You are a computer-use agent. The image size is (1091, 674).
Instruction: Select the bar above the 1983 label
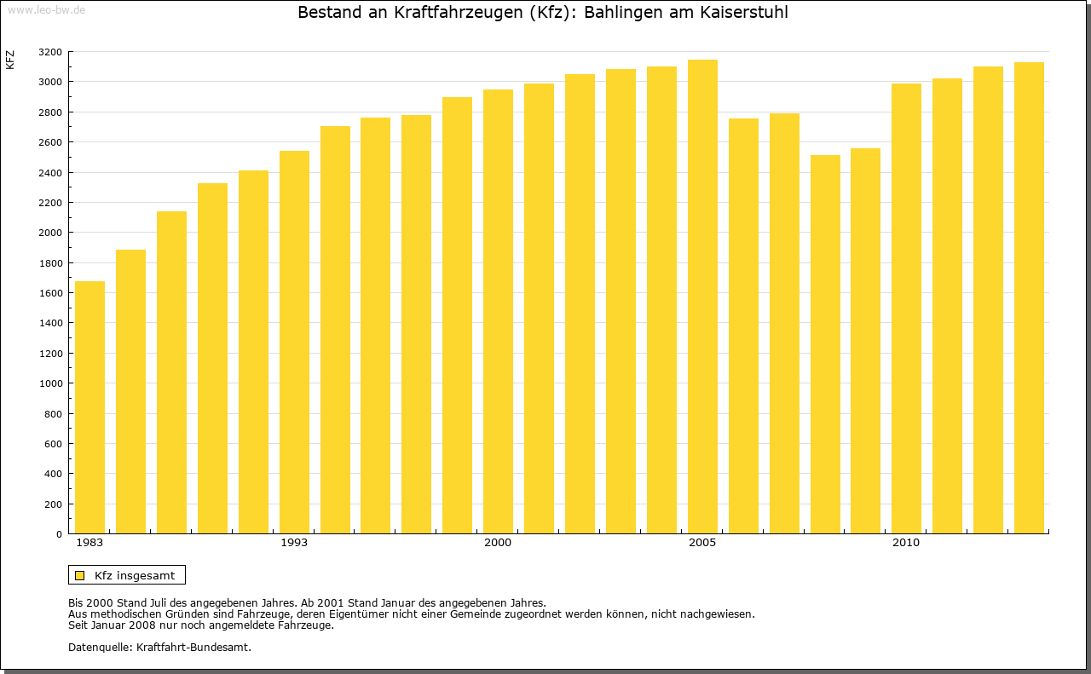[x=89, y=407]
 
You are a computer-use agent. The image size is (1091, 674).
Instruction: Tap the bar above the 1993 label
[x=294, y=342]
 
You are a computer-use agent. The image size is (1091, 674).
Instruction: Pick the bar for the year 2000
[x=498, y=311]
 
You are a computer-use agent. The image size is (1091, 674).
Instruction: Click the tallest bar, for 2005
[x=702, y=297]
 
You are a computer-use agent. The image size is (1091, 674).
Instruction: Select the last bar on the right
[x=1029, y=297]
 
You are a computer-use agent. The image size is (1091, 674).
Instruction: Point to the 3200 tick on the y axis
[x=51, y=52]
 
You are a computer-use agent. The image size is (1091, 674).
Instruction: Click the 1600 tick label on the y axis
[x=51, y=293]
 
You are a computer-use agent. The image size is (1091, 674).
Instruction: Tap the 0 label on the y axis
[x=58, y=534]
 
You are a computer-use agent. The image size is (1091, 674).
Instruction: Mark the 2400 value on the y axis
[x=51, y=173]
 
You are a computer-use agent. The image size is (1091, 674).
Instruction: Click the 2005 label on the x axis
[x=702, y=543]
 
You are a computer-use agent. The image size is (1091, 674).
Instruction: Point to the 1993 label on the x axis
[x=294, y=543]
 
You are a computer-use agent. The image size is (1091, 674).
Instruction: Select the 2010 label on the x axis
[x=906, y=543]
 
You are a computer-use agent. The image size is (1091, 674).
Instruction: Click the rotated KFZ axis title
[x=10, y=60]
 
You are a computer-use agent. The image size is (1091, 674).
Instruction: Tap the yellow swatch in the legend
[x=80, y=575]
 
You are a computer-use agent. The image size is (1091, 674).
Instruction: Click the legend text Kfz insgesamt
[x=135, y=575]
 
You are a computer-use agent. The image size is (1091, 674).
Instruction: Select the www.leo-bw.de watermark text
[x=45, y=9]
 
